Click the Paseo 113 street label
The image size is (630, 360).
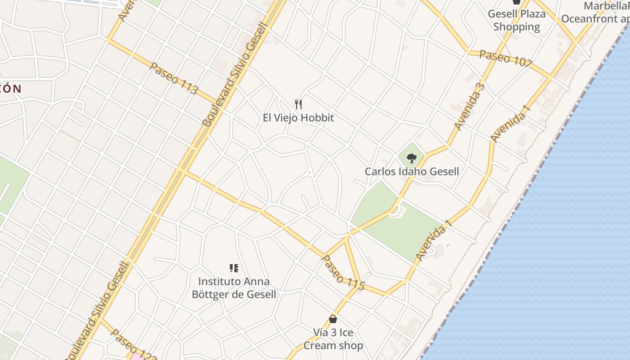pos(173,78)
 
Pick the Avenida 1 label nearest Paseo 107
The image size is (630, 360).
pos(508,124)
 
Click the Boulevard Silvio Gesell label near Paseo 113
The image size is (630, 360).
pos(234,74)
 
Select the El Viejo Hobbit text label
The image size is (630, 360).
pos(298,118)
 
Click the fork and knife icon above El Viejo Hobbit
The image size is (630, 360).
pos(298,104)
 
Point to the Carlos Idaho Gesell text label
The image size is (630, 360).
pos(412,171)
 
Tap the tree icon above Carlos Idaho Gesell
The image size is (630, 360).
pos(411,158)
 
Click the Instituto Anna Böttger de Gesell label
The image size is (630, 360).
pos(234,288)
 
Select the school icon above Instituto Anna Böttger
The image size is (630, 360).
pos(234,268)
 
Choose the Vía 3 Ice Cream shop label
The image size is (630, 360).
pos(333,339)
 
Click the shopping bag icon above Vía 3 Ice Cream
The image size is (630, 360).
pos(333,319)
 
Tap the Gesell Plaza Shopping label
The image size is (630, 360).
pos(517,20)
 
